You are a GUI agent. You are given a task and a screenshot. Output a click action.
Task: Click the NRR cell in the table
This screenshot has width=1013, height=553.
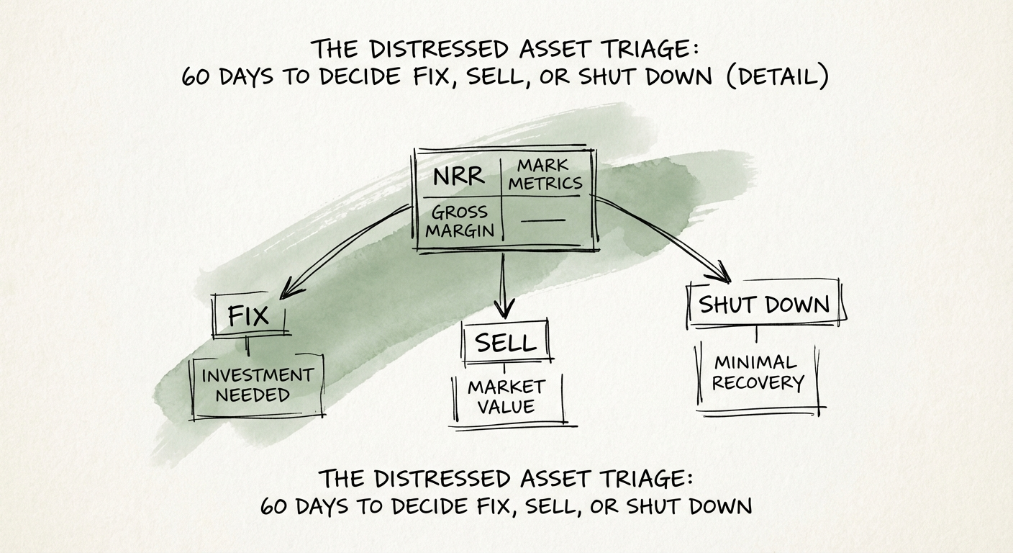click(x=458, y=175)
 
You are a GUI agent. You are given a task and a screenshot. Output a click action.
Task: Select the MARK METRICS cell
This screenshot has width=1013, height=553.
click(x=545, y=175)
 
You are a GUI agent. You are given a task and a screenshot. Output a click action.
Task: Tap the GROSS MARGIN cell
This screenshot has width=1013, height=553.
click(x=460, y=221)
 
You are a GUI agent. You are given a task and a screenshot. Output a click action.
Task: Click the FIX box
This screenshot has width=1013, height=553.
click(x=249, y=316)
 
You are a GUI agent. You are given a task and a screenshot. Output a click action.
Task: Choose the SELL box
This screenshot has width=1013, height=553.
click(x=506, y=343)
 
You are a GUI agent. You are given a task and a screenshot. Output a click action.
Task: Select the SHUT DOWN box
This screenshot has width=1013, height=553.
click(x=764, y=304)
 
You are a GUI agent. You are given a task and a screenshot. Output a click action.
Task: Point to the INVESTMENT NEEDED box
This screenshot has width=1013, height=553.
click(x=256, y=385)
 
